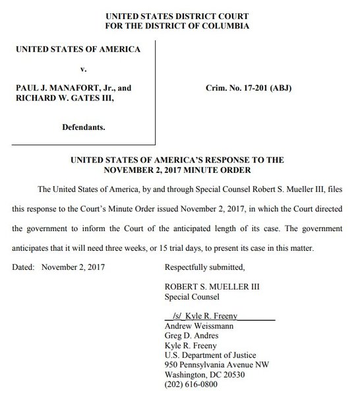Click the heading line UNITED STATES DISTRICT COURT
(181, 15)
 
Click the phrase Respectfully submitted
(204, 268)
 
